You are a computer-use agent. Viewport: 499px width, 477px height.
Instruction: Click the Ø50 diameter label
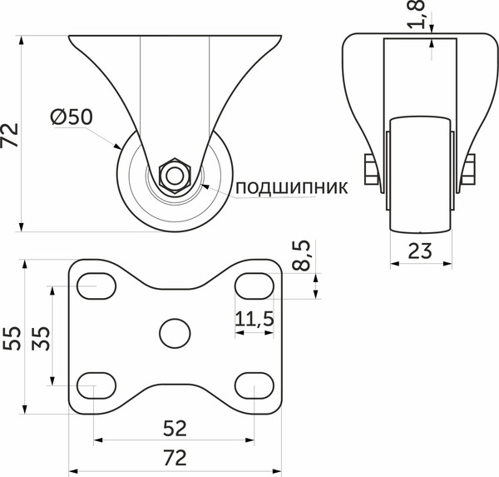(71, 118)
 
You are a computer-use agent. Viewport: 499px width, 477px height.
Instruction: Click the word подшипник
(290, 186)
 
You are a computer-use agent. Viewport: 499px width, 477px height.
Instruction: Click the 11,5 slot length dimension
(254, 319)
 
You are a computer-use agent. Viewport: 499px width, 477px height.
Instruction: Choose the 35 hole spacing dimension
(42, 336)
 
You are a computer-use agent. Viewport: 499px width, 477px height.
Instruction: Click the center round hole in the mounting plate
(173, 334)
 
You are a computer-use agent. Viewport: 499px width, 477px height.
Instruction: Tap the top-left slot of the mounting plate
(96, 286)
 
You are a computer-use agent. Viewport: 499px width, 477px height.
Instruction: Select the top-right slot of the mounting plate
(253, 286)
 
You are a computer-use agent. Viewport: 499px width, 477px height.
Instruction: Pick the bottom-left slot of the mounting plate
(96, 385)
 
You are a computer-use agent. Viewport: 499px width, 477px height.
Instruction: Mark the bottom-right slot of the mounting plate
(253, 385)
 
